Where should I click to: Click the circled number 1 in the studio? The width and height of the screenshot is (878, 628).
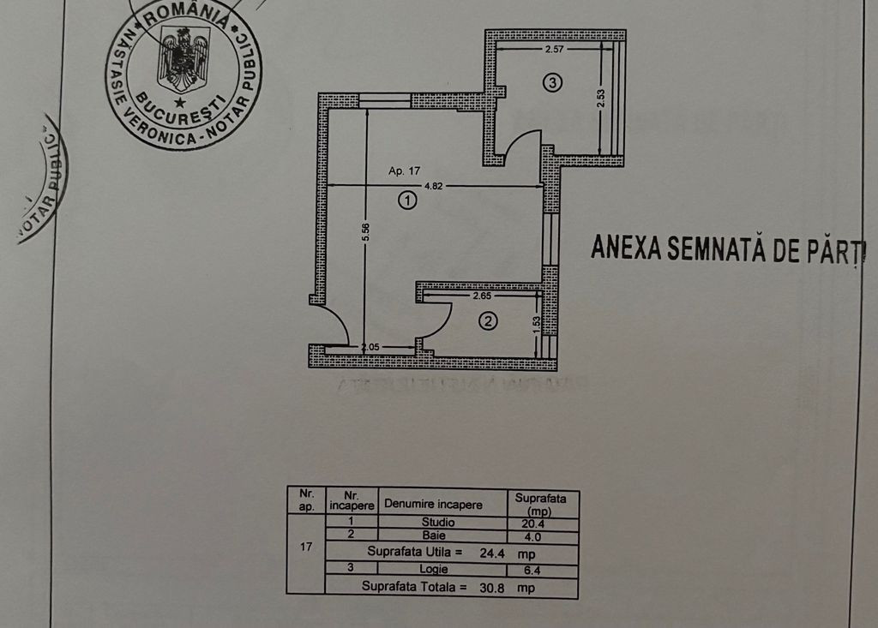coord(407,200)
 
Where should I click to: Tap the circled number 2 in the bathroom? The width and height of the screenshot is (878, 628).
coord(488,322)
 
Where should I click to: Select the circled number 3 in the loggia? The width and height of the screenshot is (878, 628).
coord(552,83)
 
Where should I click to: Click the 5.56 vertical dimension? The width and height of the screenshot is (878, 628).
coord(365,233)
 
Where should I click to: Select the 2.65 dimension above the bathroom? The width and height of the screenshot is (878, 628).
coord(483,296)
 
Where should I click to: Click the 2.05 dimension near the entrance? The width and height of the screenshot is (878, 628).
coord(370,347)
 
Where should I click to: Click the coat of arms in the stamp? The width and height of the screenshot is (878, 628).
coord(183,58)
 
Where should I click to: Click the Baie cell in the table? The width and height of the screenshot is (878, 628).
coord(434,536)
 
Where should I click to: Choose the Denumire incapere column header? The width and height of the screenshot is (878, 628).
coord(433,505)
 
